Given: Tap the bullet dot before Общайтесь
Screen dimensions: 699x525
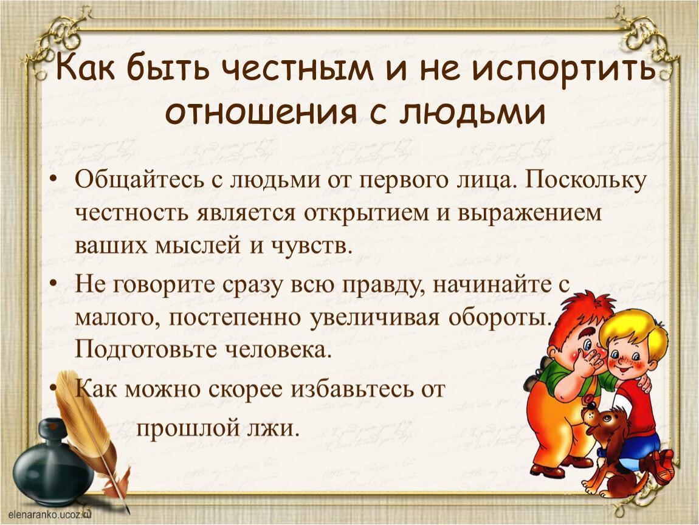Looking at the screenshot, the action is (53, 179).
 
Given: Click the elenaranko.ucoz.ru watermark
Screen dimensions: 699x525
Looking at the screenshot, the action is (49, 514).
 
